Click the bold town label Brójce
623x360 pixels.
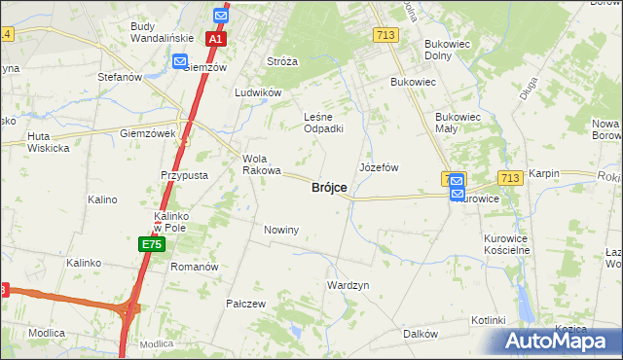click(x=329, y=188)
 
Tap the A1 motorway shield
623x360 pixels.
click(x=216, y=40)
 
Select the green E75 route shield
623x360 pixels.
click(x=151, y=244)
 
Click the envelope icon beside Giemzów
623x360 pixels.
click(x=180, y=61)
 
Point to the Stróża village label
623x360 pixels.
click(x=282, y=61)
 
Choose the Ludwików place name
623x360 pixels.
click(x=258, y=92)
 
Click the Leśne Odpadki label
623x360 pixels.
click(x=323, y=123)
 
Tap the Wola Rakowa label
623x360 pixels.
click(x=261, y=163)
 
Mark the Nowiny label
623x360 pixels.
click(x=280, y=230)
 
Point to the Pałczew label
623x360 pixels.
click(x=245, y=304)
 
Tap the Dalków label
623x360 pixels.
click(x=421, y=333)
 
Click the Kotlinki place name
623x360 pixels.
click(x=488, y=320)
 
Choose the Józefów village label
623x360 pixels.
click(x=380, y=167)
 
